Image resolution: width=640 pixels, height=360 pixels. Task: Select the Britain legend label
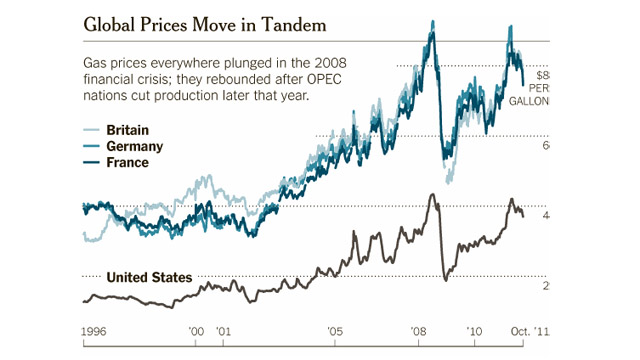click(x=127, y=130)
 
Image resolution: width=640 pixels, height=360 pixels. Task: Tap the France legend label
click(x=127, y=162)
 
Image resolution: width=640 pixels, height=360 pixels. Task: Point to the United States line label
click(x=149, y=277)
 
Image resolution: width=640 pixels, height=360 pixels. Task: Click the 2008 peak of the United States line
click(x=432, y=195)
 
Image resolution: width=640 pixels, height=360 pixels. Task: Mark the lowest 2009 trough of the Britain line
click(x=448, y=180)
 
